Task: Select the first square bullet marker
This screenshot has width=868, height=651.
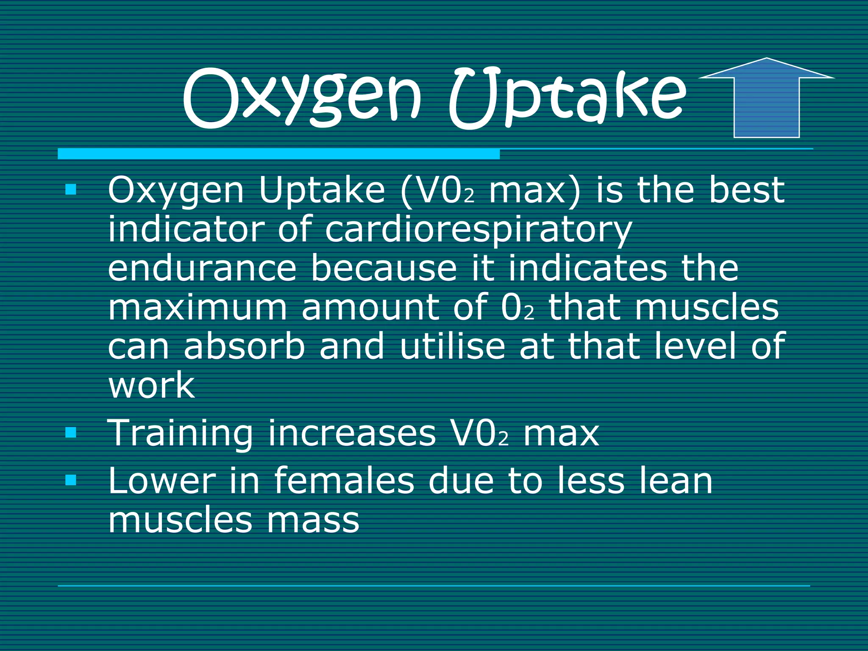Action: coord(71,189)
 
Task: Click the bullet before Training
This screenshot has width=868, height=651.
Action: coord(71,433)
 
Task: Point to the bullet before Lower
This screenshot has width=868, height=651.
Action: coord(71,480)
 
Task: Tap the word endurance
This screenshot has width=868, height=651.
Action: coord(202,269)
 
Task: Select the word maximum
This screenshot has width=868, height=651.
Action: coord(198,308)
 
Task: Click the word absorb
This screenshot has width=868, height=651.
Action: coord(245,346)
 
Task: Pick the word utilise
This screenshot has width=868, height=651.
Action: coord(452,346)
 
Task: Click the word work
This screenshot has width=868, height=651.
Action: coord(151,385)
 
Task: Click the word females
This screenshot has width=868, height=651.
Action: coord(344,481)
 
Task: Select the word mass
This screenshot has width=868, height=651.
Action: coord(313,520)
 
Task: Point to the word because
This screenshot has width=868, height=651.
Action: coord(384,269)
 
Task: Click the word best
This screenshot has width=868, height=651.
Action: coord(747,190)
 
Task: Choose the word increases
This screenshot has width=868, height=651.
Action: coord(352,433)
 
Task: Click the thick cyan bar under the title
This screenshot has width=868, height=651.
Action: coord(278,154)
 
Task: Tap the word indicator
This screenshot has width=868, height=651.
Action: coord(186,229)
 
